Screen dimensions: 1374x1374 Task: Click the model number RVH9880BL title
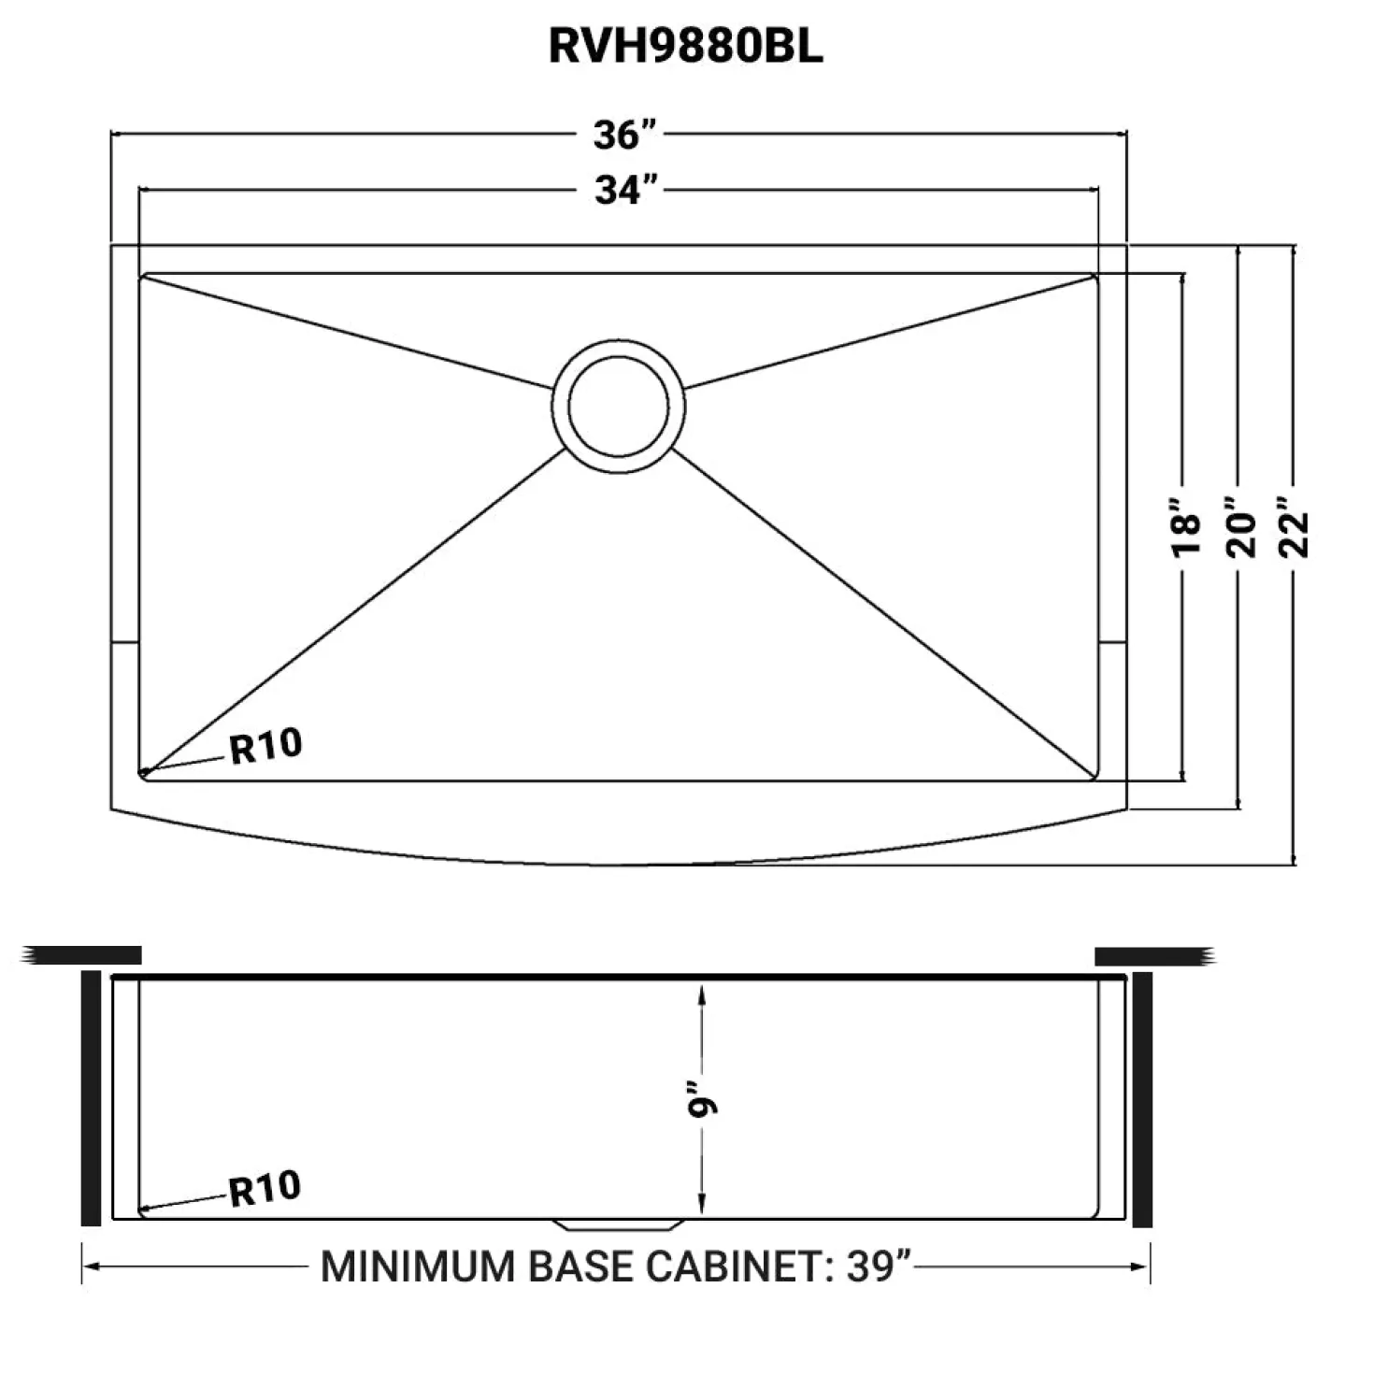coord(685,47)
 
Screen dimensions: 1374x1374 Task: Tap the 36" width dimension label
coord(623,134)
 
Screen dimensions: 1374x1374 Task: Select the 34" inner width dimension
coord(625,190)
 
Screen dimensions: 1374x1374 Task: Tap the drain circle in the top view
coord(618,407)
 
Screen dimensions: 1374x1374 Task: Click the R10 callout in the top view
coord(266,747)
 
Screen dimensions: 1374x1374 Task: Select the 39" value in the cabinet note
coord(880,1267)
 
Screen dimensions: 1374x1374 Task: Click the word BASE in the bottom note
coord(581,1267)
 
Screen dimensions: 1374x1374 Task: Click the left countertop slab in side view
coord(81,955)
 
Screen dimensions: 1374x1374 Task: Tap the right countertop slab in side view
coord(1155,956)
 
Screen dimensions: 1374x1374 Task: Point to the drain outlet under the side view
coord(619,1225)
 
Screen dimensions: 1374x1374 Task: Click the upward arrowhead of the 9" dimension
coord(702,994)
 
